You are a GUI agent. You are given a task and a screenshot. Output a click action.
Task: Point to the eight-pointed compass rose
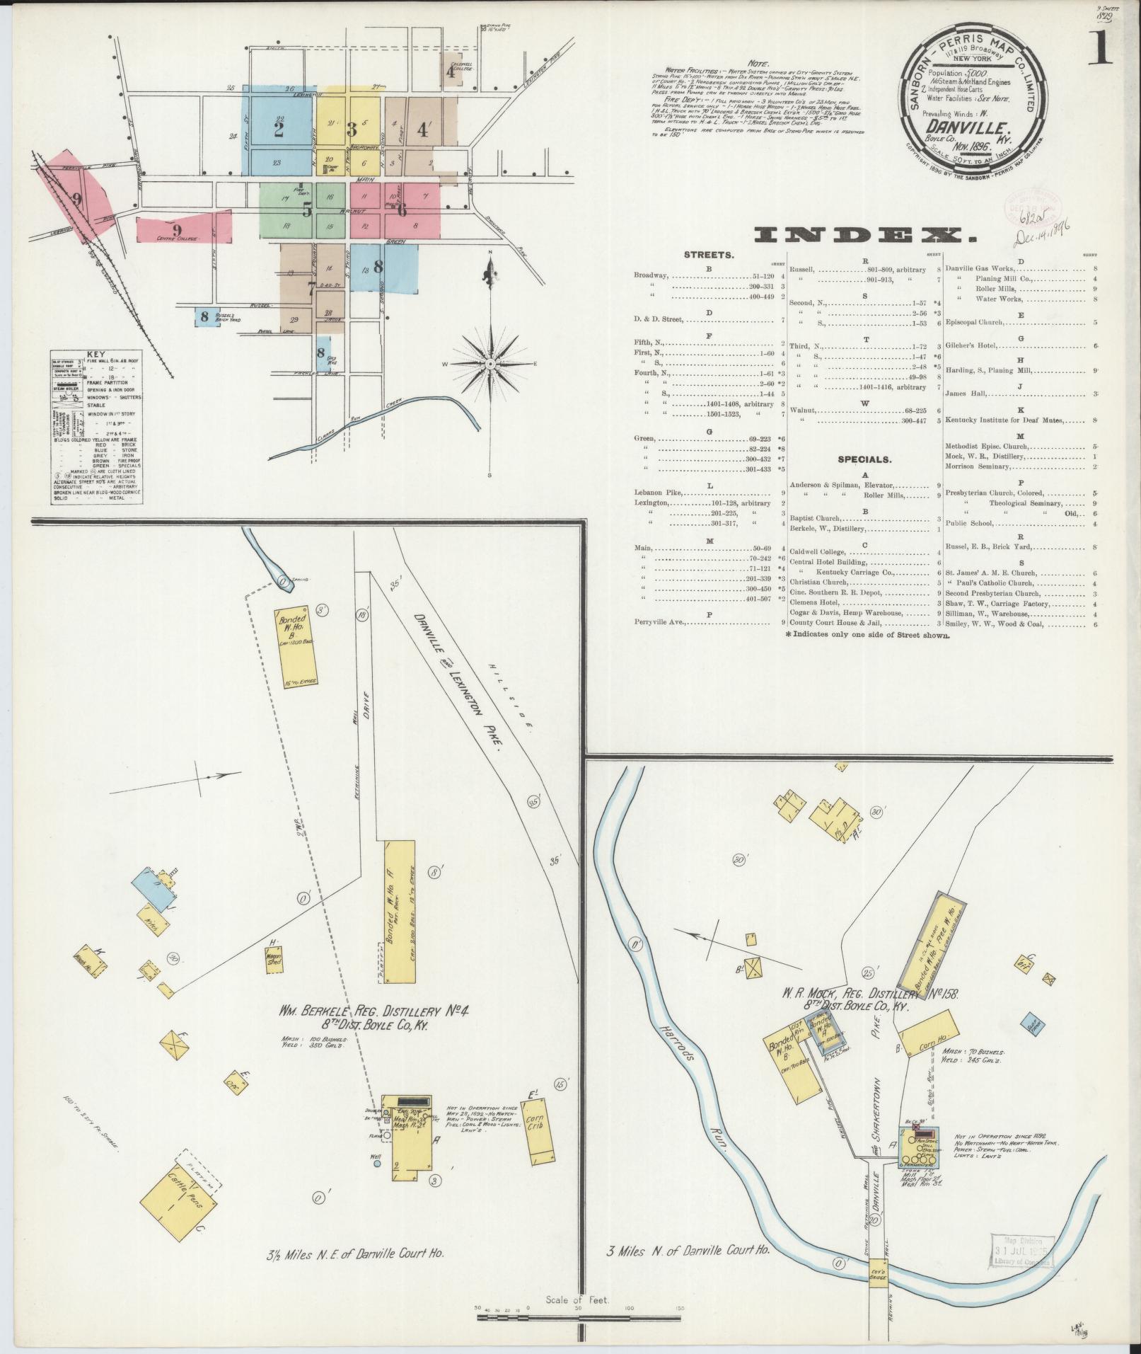click(x=490, y=362)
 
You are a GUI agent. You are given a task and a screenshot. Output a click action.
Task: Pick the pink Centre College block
click(x=183, y=229)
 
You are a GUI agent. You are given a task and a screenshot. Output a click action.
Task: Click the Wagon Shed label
click(x=274, y=958)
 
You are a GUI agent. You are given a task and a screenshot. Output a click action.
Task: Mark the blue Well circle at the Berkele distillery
click(x=376, y=1163)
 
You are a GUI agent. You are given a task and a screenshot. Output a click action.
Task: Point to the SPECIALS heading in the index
click(x=865, y=459)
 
